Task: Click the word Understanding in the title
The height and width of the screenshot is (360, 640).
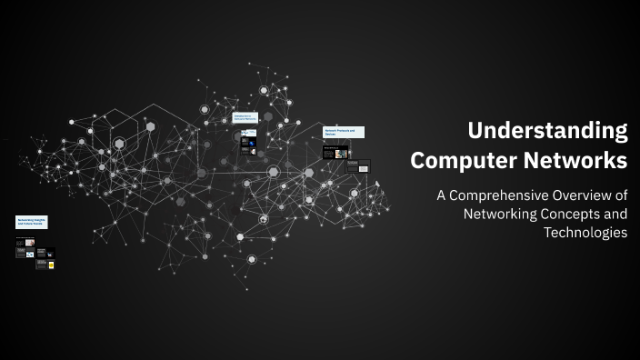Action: (x=547, y=130)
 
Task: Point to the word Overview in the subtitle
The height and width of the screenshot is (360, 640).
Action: (x=592, y=196)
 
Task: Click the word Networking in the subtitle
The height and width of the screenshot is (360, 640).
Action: (x=504, y=214)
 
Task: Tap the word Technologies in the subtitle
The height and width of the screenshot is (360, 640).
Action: (x=585, y=232)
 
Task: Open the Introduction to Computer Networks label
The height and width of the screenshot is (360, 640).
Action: (x=245, y=118)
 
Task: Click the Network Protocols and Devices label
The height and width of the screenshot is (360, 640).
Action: (x=344, y=132)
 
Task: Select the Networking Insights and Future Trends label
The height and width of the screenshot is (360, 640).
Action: (x=31, y=222)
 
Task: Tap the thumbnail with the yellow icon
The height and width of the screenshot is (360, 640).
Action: (x=51, y=265)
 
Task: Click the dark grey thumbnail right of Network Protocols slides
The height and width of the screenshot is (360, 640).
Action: (x=364, y=165)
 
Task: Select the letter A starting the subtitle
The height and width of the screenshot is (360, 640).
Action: (x=442, y=196)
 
